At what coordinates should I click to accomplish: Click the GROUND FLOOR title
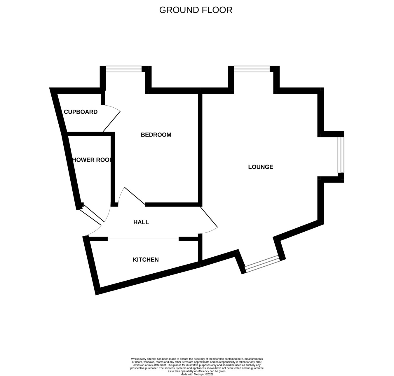tap(196, 10)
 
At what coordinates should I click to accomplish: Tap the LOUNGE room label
tap(261, 167)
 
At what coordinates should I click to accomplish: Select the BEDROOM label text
tap(156, 135)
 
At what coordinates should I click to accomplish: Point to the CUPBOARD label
tap(81, 112)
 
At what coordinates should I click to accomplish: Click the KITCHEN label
tap(146, 260)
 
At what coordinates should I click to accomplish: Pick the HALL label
tap(141, 222)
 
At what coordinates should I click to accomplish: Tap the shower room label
tap(92, 160)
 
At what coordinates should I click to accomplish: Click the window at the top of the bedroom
tap(124, 69)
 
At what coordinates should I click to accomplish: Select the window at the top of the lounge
tap(252, 69)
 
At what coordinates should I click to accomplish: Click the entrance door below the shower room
tap(92, 213)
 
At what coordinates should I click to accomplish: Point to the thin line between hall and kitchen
tap(143, 239)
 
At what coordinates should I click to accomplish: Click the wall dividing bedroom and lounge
tap(200, 149)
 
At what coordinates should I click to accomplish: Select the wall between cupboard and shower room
tap(89, 134)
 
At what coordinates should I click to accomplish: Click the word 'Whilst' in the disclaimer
tap(135, 359)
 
